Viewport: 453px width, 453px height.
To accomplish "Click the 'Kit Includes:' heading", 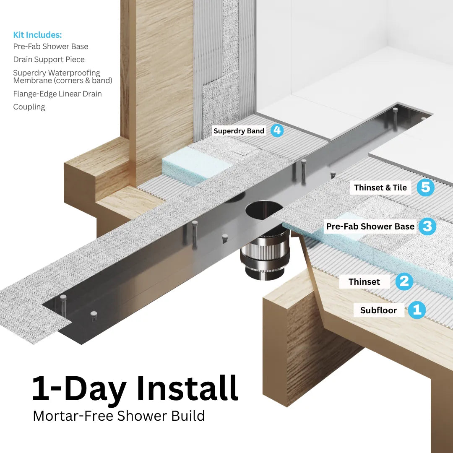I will coord(37,35).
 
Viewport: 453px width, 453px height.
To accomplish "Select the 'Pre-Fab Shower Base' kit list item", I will coord(50,46).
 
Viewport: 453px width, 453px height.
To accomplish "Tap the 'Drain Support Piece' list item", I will coord(49,60).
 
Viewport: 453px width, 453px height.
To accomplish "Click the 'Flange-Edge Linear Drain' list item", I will coord(57,94).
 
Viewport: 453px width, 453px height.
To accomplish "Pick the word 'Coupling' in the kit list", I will coord(29,107).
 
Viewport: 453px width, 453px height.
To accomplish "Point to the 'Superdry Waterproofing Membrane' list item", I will coord(62,77).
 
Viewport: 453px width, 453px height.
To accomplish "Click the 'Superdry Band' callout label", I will coord(239,131).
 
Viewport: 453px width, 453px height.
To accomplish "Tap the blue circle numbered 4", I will coord(276,130).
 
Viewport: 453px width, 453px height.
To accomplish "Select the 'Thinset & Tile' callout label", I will coord(380,187).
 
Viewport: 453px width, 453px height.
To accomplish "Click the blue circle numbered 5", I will coord(425,187).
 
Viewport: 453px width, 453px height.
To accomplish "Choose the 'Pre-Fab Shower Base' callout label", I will coord(370,226).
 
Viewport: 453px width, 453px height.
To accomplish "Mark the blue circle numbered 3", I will coord(427,226).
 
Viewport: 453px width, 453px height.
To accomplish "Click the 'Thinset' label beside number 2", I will coord(364,282).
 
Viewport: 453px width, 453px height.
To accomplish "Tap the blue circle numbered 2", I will coord(404,281).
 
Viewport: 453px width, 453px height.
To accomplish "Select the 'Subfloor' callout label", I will coord(378,310).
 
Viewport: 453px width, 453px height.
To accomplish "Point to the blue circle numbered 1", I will coord(417,310).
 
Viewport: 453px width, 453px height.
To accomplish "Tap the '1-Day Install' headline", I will coord(135,388).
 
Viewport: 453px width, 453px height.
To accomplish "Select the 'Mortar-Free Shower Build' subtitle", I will coord(119,416).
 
